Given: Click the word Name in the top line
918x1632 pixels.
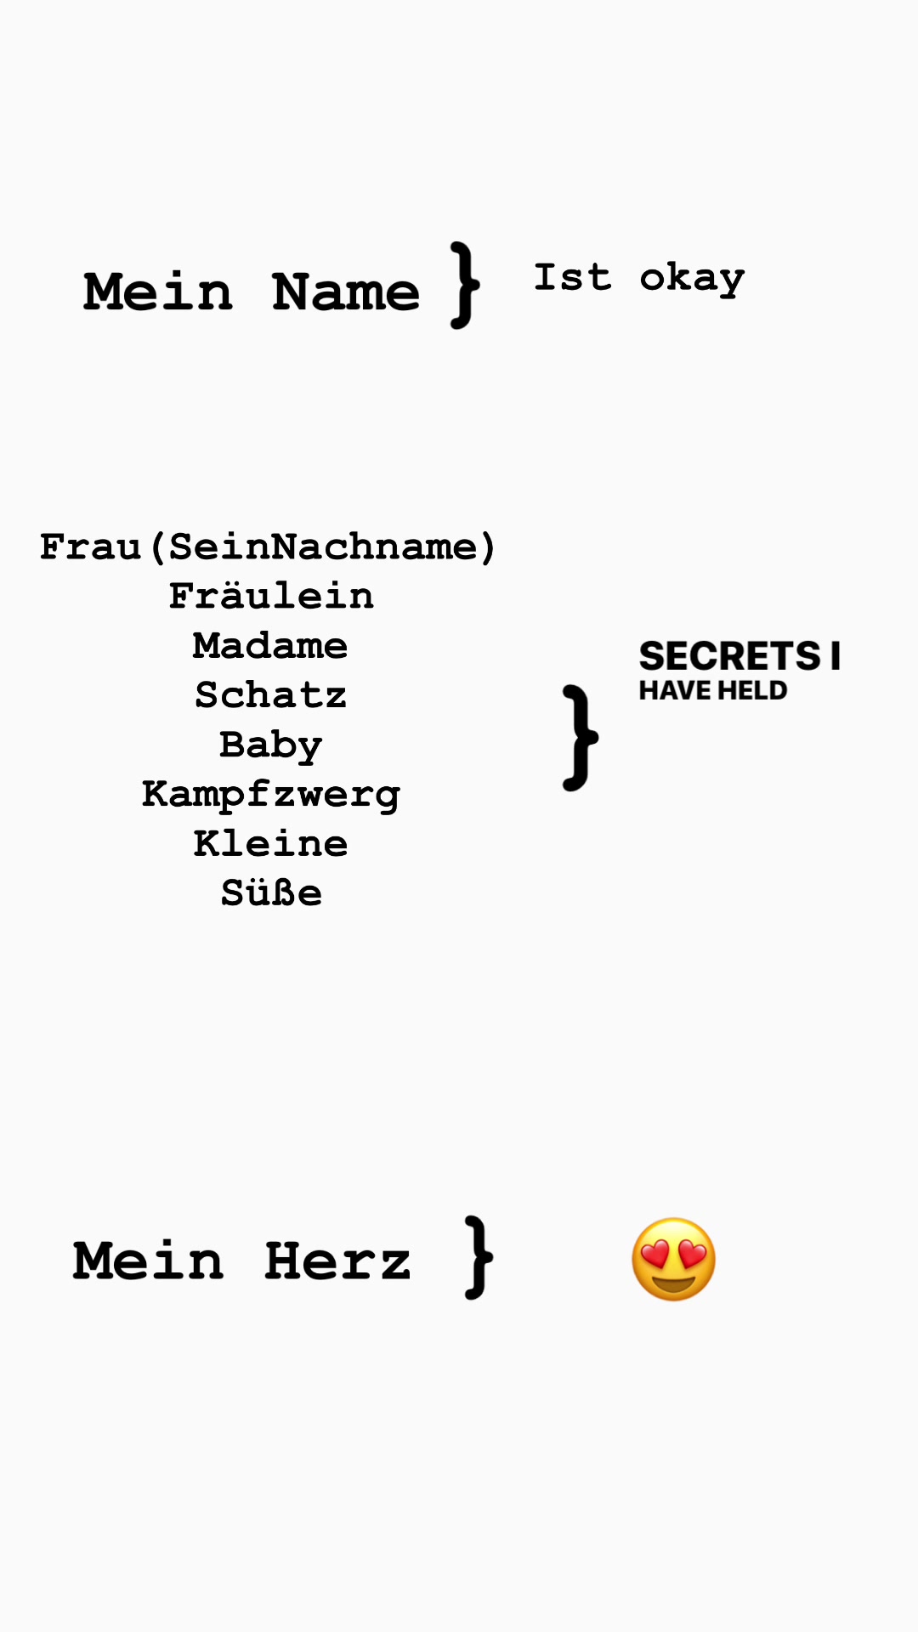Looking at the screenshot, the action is click(346, 292).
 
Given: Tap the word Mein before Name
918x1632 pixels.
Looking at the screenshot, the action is click(158, 292).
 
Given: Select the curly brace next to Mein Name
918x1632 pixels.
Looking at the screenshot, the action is click(465, 285).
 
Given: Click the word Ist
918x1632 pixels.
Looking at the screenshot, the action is click(573, 278).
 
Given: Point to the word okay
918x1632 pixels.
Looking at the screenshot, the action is click(692, 280).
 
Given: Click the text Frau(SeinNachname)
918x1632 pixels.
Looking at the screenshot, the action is click(268, 547).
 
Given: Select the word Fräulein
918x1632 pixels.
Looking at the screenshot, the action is click(271, 596).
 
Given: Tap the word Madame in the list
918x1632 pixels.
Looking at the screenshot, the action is click(270, 646).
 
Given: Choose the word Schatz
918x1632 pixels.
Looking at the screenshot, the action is click(270, 695).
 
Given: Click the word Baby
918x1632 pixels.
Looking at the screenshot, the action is click(271, 745).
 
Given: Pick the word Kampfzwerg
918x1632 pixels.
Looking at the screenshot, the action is click(271, 796).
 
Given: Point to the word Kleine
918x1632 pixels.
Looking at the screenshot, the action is click(271, 843).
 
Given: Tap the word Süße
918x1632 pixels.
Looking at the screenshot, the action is click(272, 892).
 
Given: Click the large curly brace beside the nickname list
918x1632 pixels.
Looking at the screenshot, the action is click(581, 738).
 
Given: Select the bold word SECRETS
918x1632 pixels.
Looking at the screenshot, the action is click(730, 656).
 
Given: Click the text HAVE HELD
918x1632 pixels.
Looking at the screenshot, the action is click(713, 690).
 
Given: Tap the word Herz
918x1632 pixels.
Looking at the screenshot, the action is click(338, 1261).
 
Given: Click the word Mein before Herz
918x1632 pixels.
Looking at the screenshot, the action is click(149, 1261).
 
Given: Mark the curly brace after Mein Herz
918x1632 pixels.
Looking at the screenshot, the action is click(479, 1257).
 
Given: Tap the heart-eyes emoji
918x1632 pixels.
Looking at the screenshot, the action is click(674, 1260).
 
